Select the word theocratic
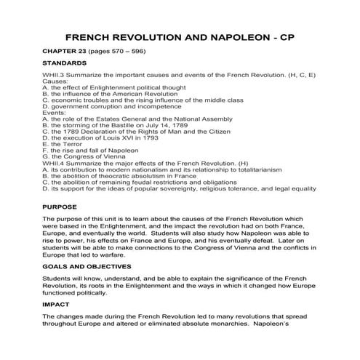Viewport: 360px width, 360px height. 123,176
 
